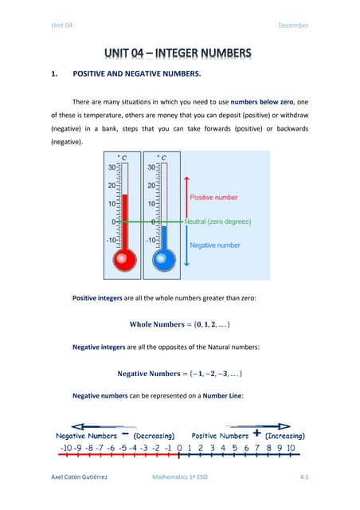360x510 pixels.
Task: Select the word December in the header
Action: [x=293, y=25]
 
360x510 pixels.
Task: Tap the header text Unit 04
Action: [x=62, y=25]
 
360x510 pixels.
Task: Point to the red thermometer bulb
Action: [x=123, y=259]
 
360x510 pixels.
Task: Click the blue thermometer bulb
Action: [x=165, y=259]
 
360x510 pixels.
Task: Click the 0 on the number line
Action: [x=179, y=449]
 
